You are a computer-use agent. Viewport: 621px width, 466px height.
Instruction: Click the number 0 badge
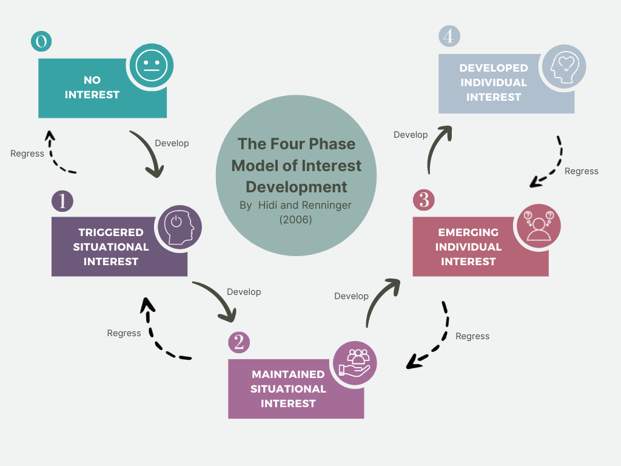pyautogui.click(x=41, y=41)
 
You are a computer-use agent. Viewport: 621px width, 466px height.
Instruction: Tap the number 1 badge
pyautogui.click(x=62, y=201)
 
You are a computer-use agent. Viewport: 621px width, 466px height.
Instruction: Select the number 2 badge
pyautogui.click(x=239, y=342)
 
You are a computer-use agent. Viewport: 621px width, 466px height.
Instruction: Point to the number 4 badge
pyautogui.click(x=449, y=36)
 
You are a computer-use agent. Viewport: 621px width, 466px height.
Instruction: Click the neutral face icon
pyautogui.click(x=151, y=66)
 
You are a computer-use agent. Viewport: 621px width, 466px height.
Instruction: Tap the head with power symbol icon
pyautogui.click(x=180, y=228)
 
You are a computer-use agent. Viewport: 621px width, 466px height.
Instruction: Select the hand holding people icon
pyautogui.click(x=354, y=363)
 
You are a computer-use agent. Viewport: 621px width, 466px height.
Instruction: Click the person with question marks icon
pyautogui.click(x=539, y=226)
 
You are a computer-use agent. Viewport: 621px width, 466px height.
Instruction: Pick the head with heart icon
pyautogui.click(x=563, y=67)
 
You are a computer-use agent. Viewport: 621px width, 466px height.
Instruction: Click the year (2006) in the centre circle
pyautogui.click(x=295, y=220)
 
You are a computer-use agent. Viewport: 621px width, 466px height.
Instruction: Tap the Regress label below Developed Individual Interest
pyautogui.click(x=582, y=171)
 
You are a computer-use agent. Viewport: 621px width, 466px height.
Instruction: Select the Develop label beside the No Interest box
pyautogui.click(x=172, y=143)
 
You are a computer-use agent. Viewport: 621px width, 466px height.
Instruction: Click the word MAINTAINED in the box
pyautogui.click(x=288, y=374)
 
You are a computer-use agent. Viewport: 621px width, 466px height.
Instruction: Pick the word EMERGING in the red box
pyautogui.click(x=468, y=232)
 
